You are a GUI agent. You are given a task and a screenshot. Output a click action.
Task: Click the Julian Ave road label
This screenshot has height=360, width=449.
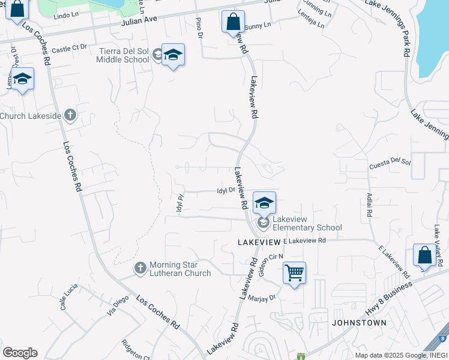tap(139, 20)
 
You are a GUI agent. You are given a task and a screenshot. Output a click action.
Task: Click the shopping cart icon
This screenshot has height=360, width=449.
tap(294, 273)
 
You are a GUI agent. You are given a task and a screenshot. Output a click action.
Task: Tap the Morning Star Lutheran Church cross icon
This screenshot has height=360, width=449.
tap(140, 268)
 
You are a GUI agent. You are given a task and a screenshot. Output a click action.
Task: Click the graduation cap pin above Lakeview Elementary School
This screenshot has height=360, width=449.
tap(264, 202)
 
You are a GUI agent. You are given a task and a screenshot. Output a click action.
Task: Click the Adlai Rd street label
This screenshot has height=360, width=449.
tap(369, 205)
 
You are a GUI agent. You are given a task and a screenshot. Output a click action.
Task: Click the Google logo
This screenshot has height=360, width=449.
tap(20, 353)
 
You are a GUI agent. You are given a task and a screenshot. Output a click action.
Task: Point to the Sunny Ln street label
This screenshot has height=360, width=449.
tap(259, 25)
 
